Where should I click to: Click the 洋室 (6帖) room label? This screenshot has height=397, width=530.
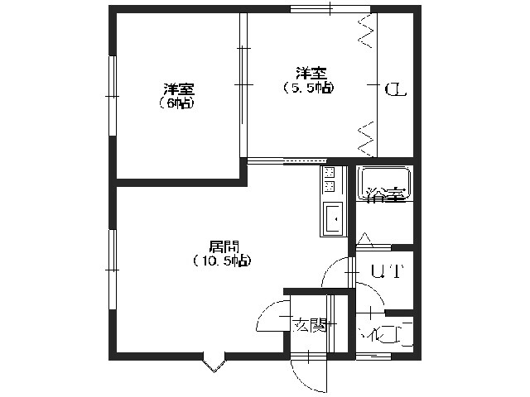pyautogui.click(x=178, y=95)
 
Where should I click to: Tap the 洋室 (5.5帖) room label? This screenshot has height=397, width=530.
pyautogui.click(x=308, y=79)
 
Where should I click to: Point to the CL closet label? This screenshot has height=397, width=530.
pyautogui.click(x=395, y=88)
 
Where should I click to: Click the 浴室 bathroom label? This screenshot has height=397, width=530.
pyautogui.click(x=385, y=195)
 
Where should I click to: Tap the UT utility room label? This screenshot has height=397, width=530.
pyautogui.click(x=386, y=271)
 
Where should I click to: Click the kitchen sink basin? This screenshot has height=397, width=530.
pyautogui.click(x=333, y=219)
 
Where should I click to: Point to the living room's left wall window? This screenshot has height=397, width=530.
pyautogui.click(x=111, y=265)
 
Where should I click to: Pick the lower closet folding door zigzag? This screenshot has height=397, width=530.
pyautogui.click(x=366, y=136)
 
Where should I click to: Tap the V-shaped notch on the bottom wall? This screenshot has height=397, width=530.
pyautogui.click(x=214, y=361)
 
